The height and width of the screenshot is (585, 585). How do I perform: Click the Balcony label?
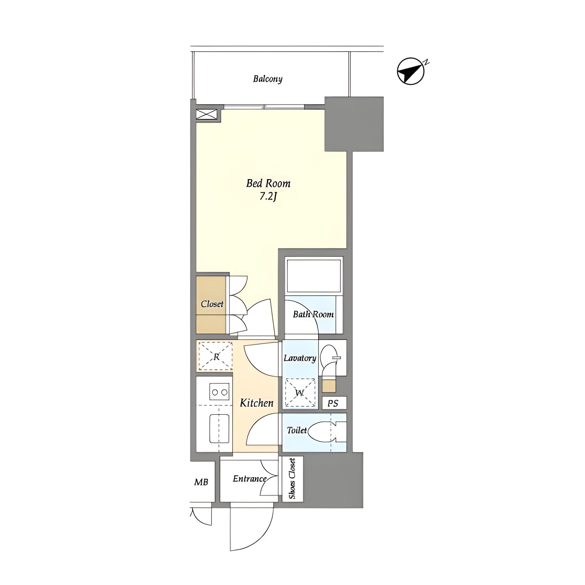coord(268,79)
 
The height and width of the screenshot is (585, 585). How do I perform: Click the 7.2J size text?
coord(268,197)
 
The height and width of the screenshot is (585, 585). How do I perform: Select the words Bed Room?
coord(268,183)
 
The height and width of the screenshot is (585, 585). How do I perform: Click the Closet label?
coord(212,304)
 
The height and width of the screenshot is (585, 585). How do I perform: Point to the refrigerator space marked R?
coord(215,356)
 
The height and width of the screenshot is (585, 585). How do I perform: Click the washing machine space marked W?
coord(300,393)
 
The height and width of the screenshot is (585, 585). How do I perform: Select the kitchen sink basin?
coord(219,428)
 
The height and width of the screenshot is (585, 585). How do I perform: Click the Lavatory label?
coord(300,358)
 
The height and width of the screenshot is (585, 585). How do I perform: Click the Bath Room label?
coord(313,314)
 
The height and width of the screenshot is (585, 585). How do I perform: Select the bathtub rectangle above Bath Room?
coord(314,276)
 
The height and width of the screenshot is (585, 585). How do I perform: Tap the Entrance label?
coord(250,479)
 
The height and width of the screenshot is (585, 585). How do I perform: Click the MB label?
coord(201,482)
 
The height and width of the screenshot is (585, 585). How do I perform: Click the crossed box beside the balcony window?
coord(207,114)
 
